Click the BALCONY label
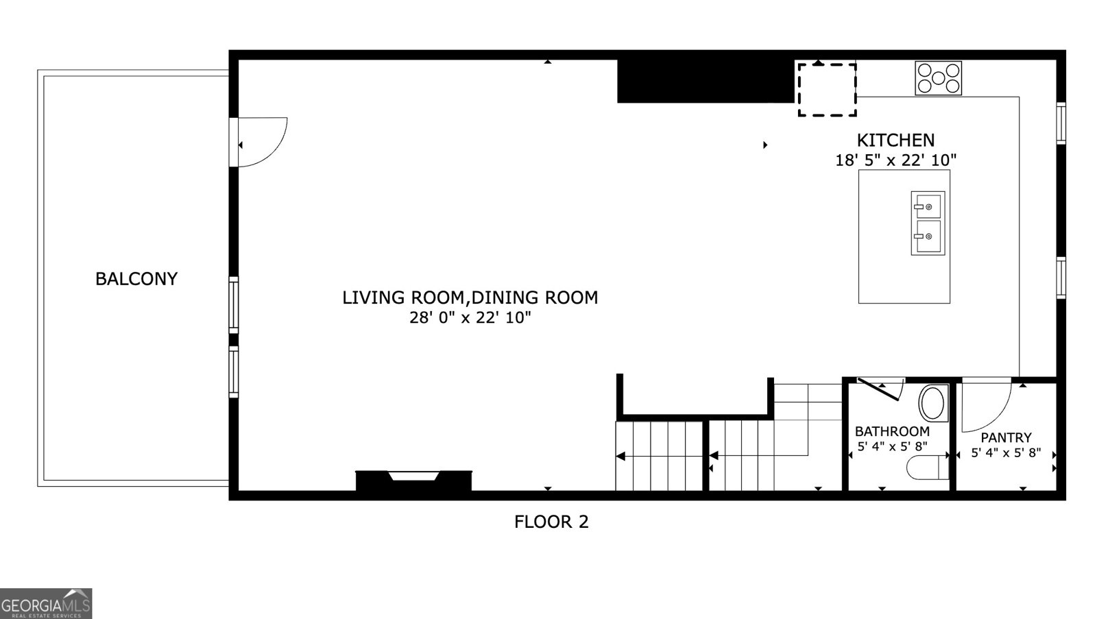click(136, 278)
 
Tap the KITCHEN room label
click(895, 141)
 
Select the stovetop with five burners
click(938, 78)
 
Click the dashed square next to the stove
click(827, 90)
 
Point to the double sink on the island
click(928, 223)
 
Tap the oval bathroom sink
click(933, 403)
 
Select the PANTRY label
click(1006, 437)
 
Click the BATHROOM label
click(892, 431)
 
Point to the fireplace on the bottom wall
click(413, 481)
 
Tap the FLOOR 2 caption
click(551, 522)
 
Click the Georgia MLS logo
click(45, 603)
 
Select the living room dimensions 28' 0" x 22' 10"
click(470, 318)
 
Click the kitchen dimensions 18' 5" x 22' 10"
click(895, 160)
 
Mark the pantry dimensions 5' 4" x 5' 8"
click(1006, 452)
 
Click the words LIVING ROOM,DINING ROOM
click(470, 298)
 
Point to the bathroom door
click(878, 389)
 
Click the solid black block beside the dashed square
click(706, 82)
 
